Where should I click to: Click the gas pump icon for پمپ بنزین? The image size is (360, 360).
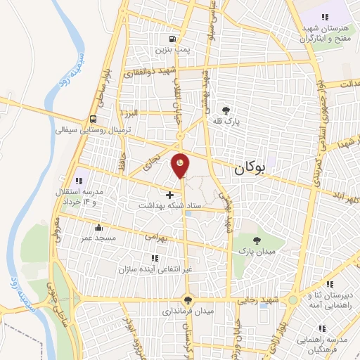(x=171, y=39)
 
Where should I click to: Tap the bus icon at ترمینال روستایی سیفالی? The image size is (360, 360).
(x=94, y=119)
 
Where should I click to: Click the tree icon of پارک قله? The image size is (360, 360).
(x=226, y=110)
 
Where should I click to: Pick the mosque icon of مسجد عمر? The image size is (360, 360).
(x=97, y=228)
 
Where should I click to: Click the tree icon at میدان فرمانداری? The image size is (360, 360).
(x=186, y=299)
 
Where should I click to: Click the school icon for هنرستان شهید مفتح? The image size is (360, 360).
(x=324, y=16)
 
